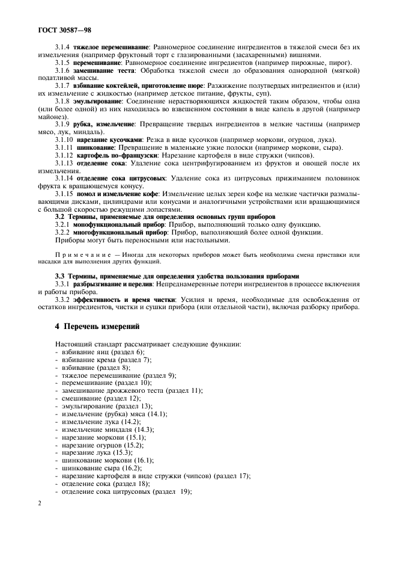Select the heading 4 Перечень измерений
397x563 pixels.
pos(97,327)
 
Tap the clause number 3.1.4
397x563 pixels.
pos(63,48)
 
